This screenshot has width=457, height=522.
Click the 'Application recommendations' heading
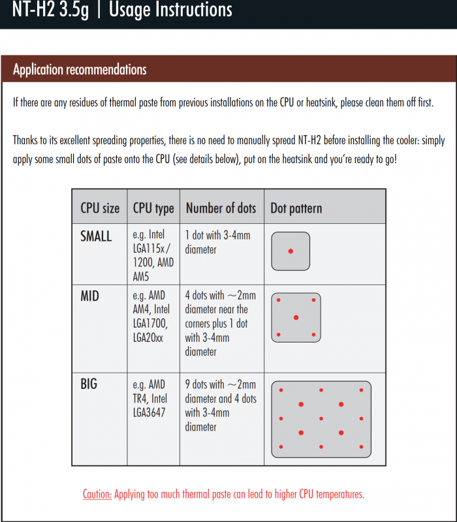pyautogui.click(x=80, y=69)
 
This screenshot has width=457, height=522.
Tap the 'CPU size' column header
pyautogui.click(x=100, y=208)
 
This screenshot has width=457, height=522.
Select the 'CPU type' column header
pyautogui.click(x=153, y=208)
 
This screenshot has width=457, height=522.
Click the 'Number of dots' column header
pyautogui.click(x=221, y=208)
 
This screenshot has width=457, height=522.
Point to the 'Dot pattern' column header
pyautogui.click(x=296, y=209)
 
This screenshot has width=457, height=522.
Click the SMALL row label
pyautogui.click(x=96, y=236)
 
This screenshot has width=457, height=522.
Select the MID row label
pyautogui.click(x=89, y=296)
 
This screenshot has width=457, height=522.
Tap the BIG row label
pyautogui.click(x=89, y=384)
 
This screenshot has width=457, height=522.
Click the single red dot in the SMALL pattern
pyautogui.click(x=291, y=251)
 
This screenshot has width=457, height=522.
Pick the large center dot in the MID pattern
pyautogui.click(x=296, y=317)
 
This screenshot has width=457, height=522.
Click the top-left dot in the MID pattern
pyautogui.click(x=279, y=300)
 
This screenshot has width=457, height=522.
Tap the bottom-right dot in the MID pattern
pyautogui.click(x=313, y=335)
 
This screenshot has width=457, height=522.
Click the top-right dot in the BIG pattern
pyautogui.click(x=361, y=390)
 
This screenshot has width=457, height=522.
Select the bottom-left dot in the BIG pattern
pyautogui.click(x=281, y=447)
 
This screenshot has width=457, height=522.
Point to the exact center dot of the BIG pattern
pyautogui.click(x=321, y=418)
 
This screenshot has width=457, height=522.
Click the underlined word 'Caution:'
pyautogui.click(x=97, y=494)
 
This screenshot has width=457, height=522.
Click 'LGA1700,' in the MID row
pyautogui.click(x=150, y=324)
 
